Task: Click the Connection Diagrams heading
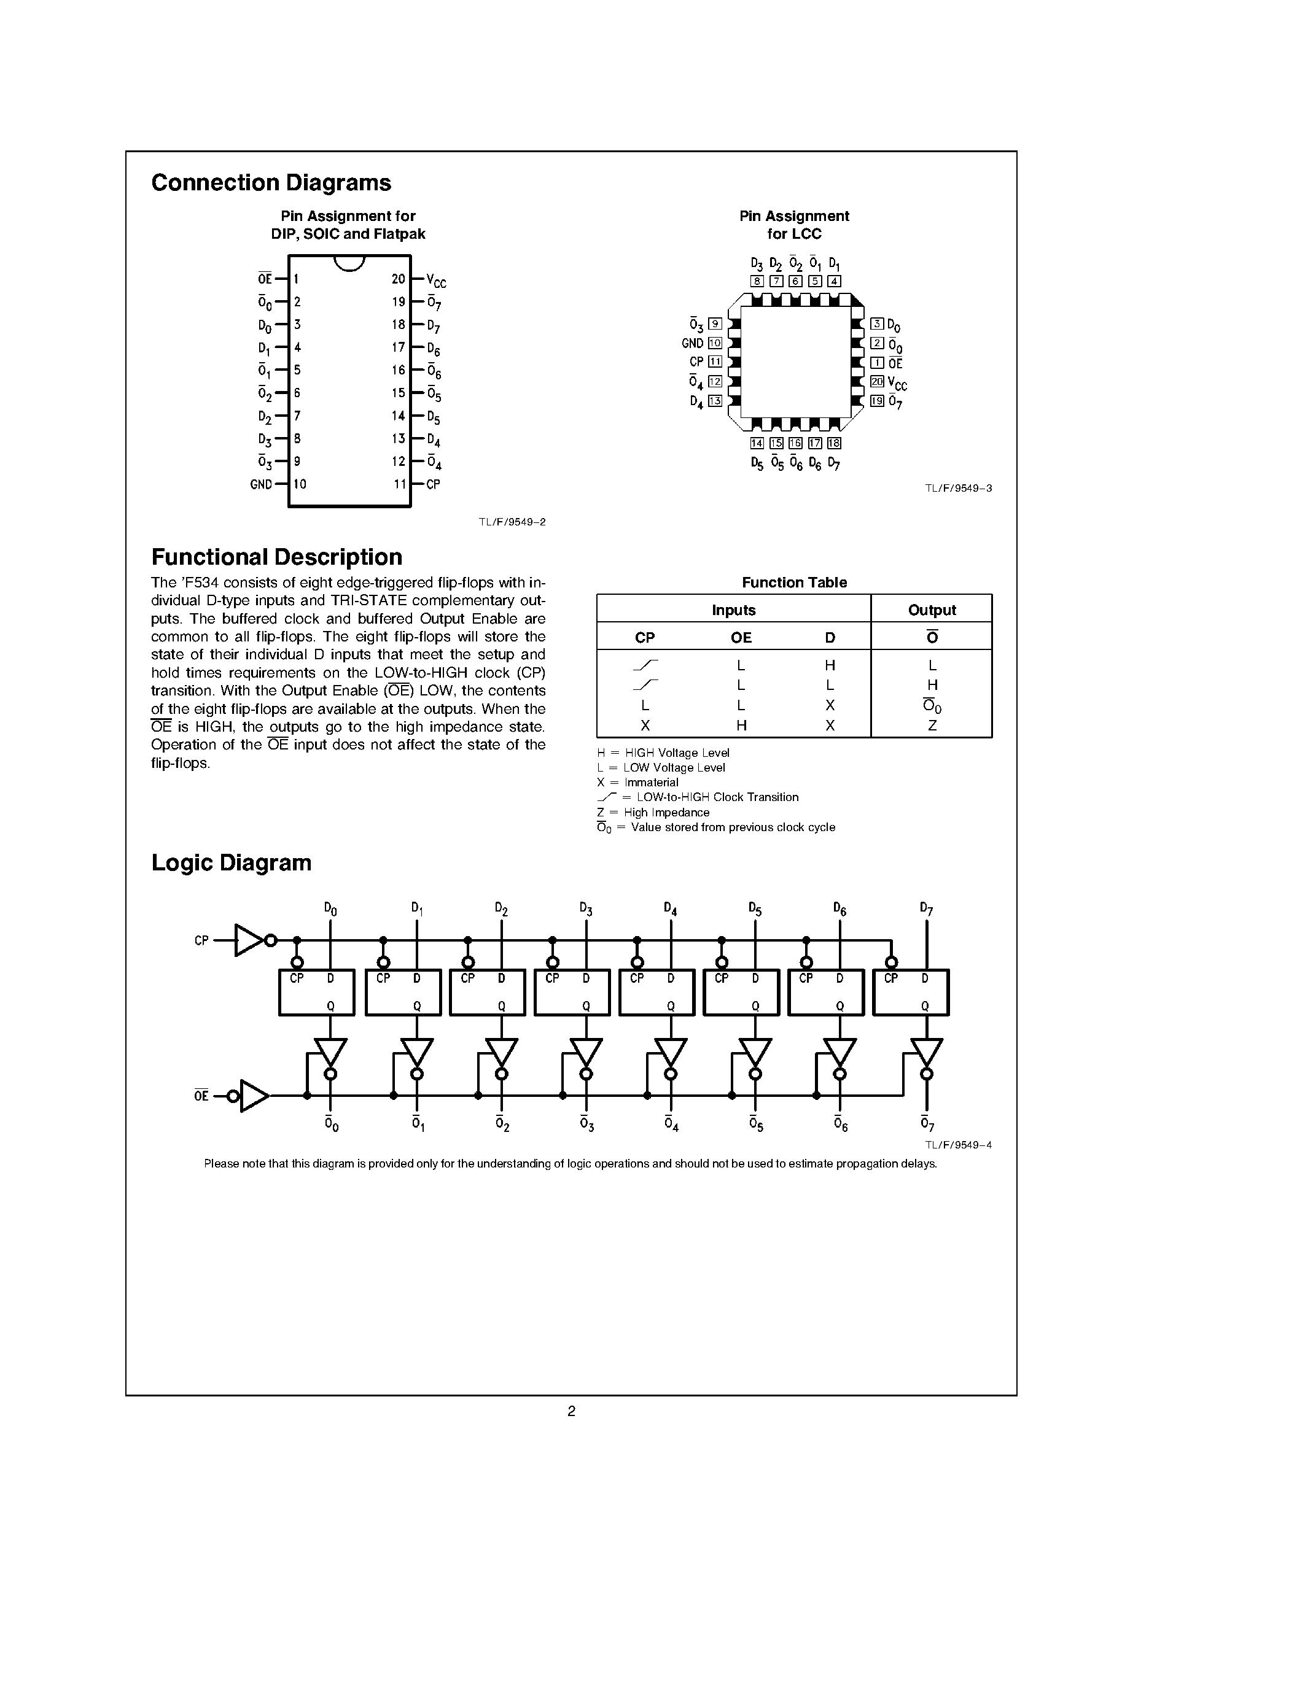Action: click(271, 183)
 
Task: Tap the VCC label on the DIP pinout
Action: click(436, 281)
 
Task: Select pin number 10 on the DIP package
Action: click(300, 484)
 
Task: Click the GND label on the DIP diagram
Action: click(262, 484)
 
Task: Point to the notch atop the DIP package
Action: click(349, 263)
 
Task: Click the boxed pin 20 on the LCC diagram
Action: click(877, 382)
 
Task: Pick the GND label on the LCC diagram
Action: click(693, 343)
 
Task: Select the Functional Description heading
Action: click(277, 557)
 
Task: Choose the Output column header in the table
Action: click(932, 610)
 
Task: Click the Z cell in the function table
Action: click(932, 726)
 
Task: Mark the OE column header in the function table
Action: click(741, 638)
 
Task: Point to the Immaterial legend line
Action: click(639, 782)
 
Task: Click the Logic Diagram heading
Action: click(231, 862)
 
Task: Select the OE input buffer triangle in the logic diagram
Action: click(254, 1096)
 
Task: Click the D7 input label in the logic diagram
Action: click(926, 909)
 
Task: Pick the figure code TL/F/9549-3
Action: click(958, 489)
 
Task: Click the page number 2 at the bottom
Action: click(571, 1411)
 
